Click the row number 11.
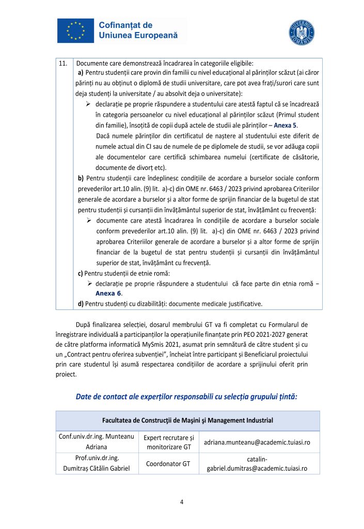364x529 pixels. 64,64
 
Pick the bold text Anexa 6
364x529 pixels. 107,293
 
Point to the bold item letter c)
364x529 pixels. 81,273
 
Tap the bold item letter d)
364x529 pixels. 81,303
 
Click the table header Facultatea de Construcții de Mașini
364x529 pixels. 187,420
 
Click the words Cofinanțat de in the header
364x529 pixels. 125,25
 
